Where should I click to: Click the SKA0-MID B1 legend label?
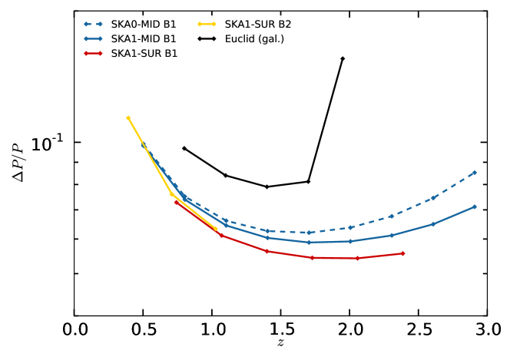(144, 25)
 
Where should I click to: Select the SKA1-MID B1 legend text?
(144, 38)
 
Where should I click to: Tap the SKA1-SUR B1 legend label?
(144, 53)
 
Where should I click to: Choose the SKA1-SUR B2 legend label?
(257, 25)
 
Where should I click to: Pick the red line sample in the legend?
(93, 53)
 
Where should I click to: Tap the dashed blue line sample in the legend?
(93, 25)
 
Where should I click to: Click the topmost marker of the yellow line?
(128, 117)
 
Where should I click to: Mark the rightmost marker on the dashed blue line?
(475, 172)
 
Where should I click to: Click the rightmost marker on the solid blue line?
(475, 206)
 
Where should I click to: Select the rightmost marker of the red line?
(402, 253)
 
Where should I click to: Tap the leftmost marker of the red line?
(176, 201)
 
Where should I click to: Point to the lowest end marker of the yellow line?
(216, 229)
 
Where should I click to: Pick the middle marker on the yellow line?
(172, 194)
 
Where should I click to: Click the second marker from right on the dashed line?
(433, 198)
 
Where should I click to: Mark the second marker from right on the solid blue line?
(433, 224)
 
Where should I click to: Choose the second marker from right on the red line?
(357, 258)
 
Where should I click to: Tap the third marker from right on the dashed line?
(392, 216)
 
